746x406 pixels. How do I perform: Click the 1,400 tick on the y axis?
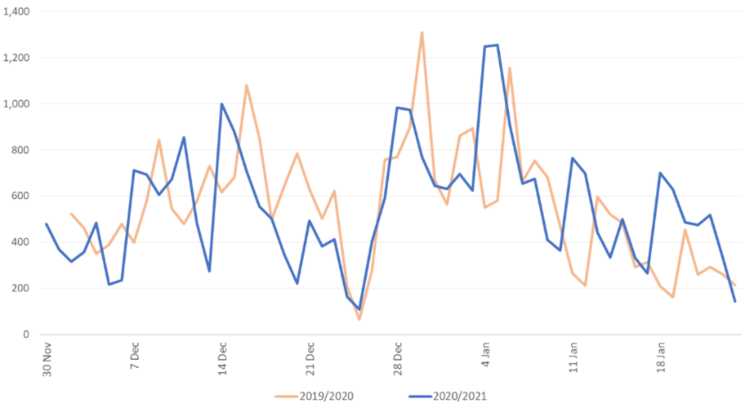18,12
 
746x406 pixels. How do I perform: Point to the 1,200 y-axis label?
18,58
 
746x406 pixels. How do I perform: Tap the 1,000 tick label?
18,104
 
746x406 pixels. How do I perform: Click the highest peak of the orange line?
422,33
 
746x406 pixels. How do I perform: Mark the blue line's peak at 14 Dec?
222,104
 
